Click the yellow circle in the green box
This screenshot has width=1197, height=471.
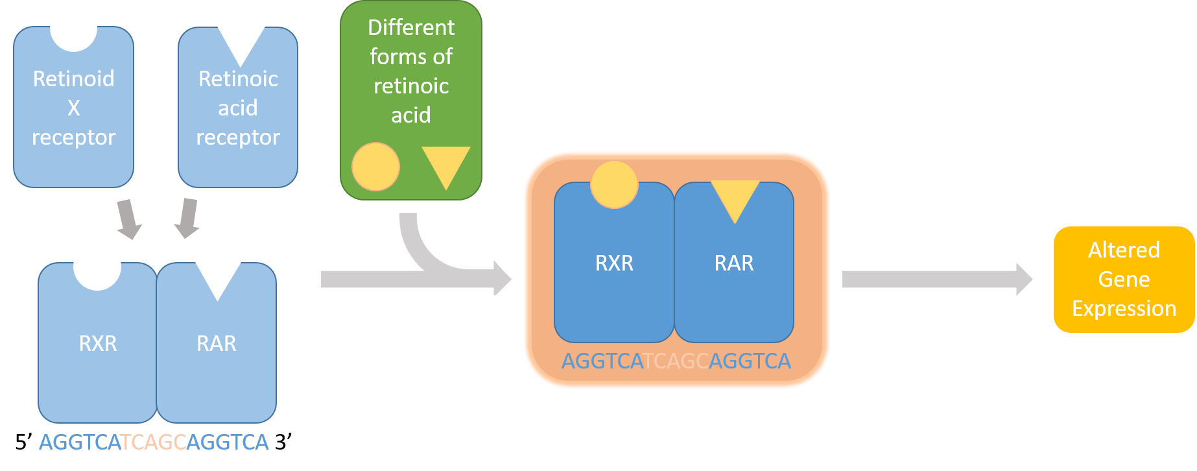[375, 167]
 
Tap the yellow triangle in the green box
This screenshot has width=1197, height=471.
[445, 163]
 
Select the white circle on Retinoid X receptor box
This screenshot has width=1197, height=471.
[73, 28]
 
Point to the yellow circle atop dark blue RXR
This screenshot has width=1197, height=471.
[614, 185]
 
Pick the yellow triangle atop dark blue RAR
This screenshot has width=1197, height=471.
[735, 197]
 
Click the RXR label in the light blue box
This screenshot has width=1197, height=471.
[98, 343]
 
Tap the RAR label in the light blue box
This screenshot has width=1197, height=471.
[217, 343]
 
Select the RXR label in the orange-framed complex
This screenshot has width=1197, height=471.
[614, 263]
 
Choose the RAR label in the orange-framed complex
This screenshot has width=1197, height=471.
[734, 263]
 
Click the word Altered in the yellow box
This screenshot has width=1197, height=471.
[1124, 250]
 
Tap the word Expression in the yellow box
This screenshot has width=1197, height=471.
[1124, 308]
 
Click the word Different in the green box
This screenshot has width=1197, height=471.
[411, 27]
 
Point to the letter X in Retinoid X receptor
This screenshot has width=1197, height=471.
[74, 108]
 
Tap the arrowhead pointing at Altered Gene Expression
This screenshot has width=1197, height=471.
[1023, 279]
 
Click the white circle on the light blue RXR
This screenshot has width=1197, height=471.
[97, 266]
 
